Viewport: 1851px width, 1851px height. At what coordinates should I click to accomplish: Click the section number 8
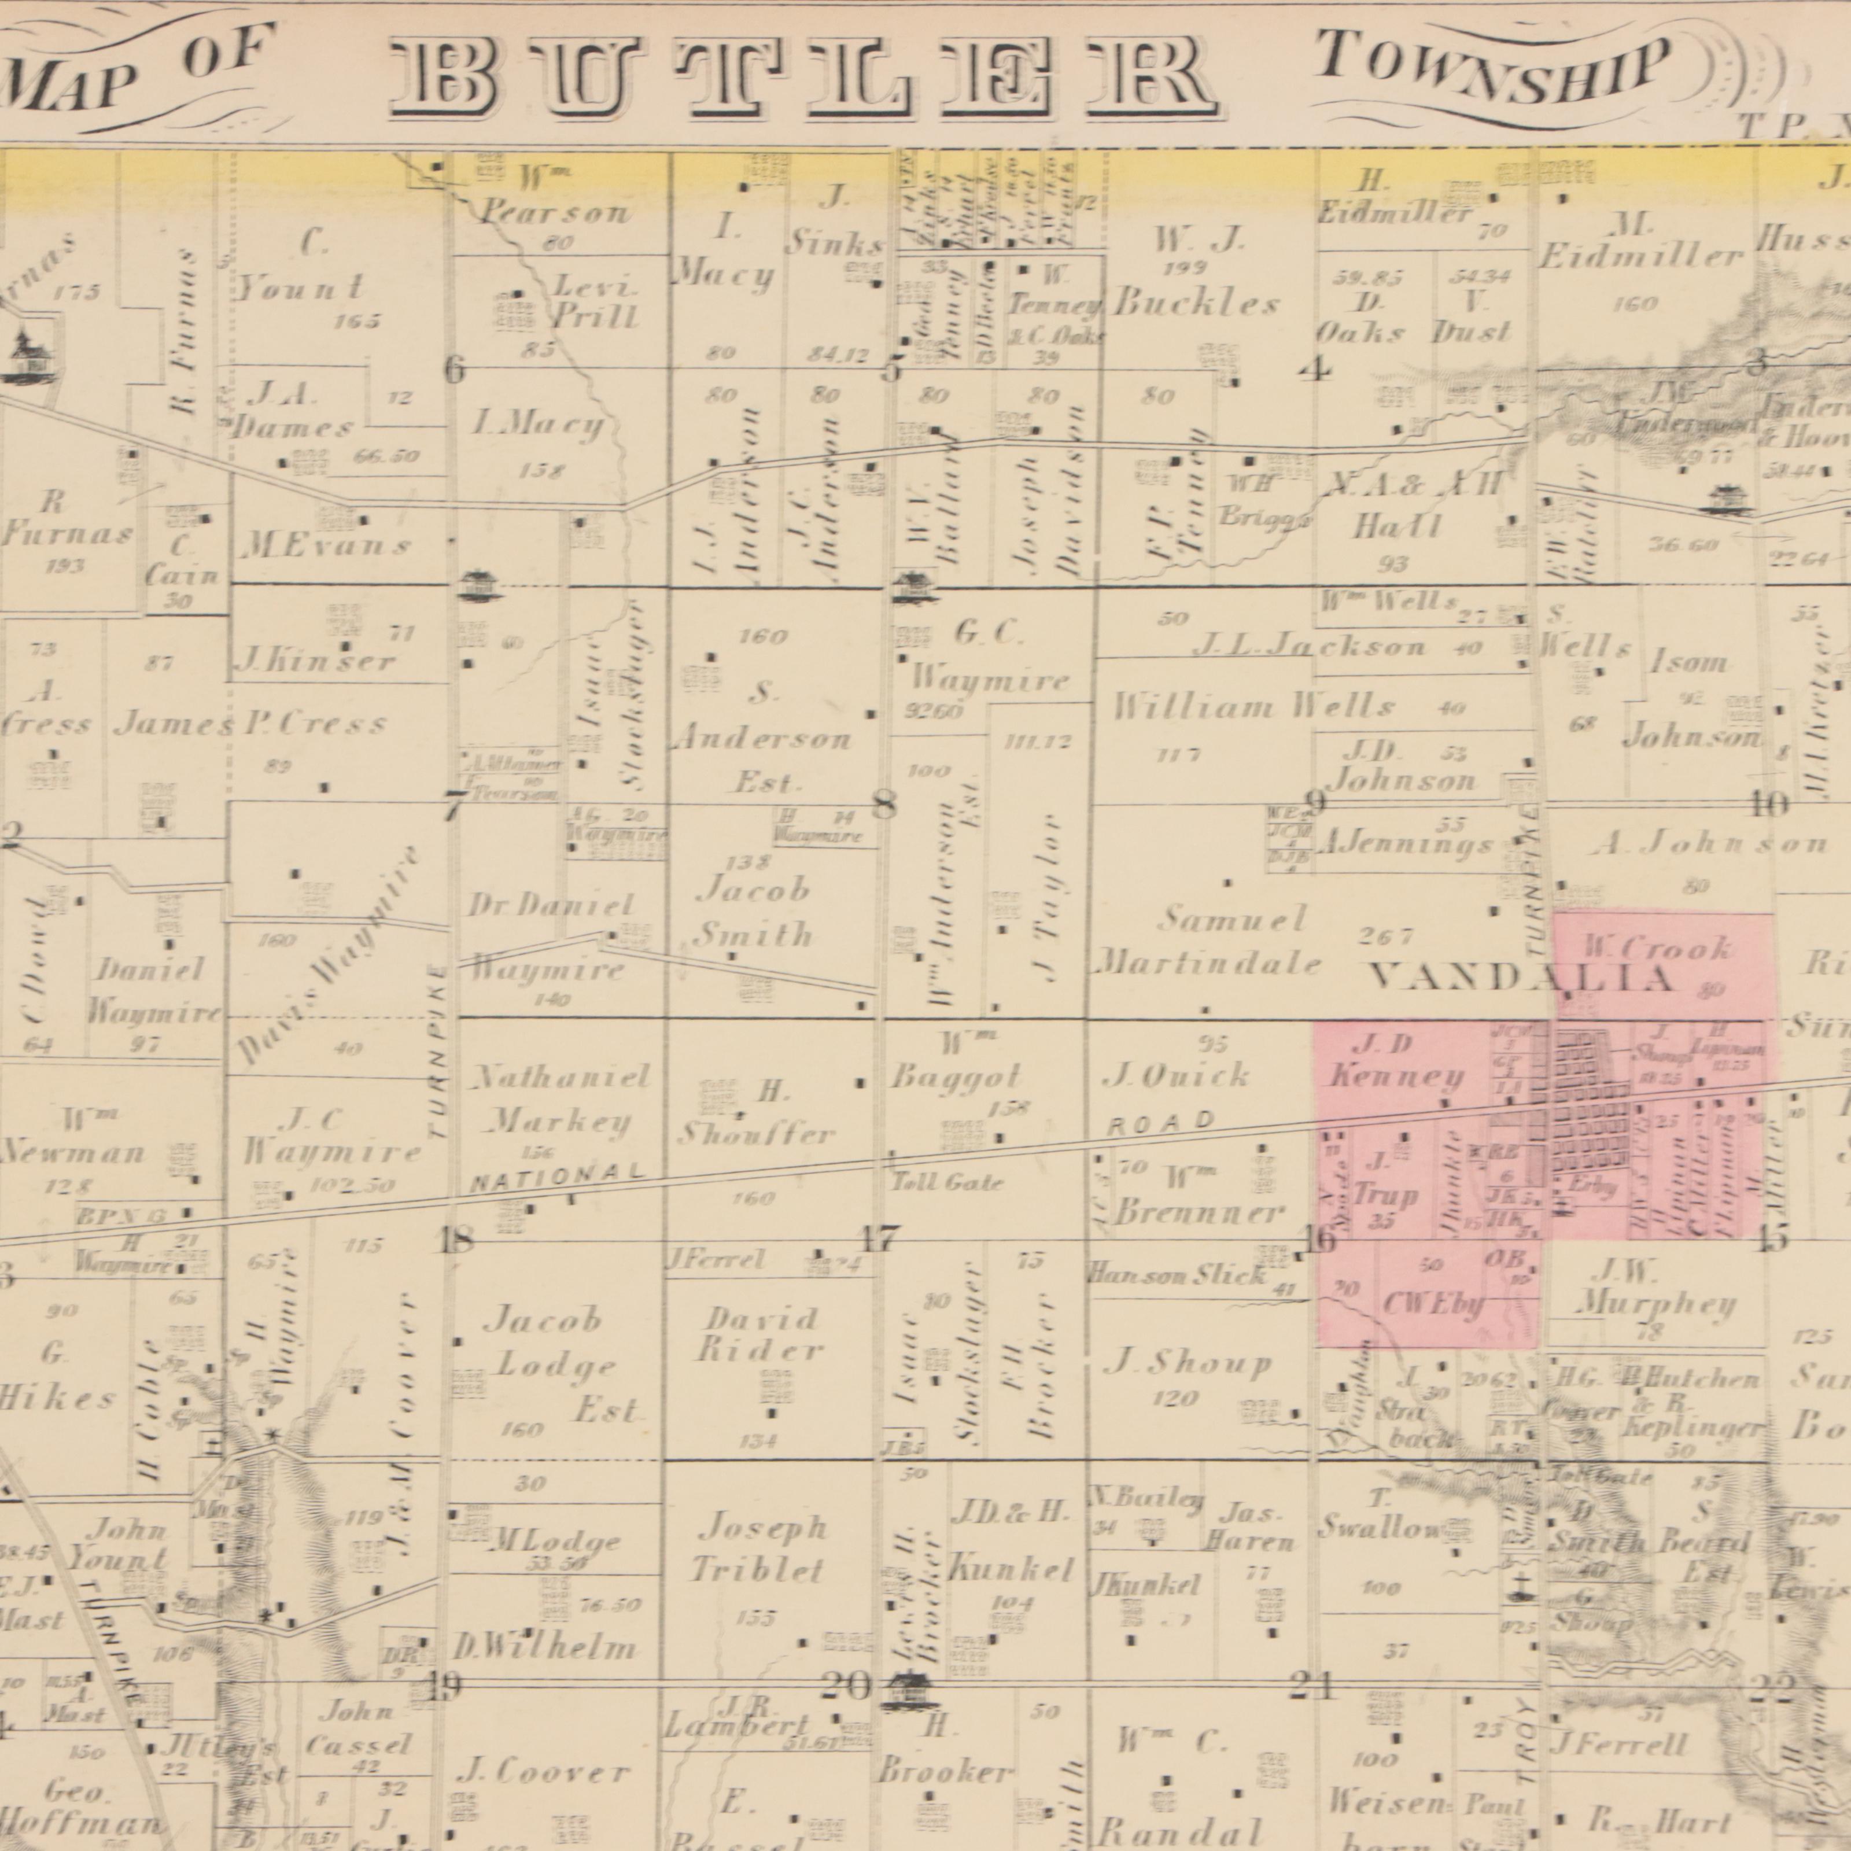(885, 807)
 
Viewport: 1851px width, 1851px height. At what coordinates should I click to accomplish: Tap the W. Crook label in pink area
(1657, 949)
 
